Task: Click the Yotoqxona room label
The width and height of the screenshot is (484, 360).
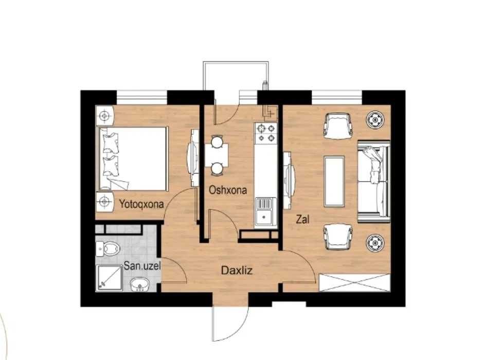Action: pos(141,204)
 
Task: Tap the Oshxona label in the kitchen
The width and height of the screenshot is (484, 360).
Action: pos(228,190)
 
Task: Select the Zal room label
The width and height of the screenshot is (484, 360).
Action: pos(302,220)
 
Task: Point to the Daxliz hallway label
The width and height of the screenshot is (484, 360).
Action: pos(237,271)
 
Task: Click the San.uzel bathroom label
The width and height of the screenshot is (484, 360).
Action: pos(142,265)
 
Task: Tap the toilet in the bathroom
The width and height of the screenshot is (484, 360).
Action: pos(107,249)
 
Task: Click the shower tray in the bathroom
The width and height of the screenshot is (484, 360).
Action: pos(109,278)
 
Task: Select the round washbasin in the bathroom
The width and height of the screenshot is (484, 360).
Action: pos(140,285)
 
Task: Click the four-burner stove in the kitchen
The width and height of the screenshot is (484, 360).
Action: pos(266,133)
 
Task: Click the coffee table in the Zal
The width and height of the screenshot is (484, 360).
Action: pos(334,181)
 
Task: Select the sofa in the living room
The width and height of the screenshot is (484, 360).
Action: pos(374,182)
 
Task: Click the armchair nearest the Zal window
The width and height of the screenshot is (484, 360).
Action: pos(338,124)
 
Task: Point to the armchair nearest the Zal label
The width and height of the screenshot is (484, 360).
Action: pos(338,237)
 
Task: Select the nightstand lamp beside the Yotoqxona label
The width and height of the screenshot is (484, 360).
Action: pos(104,202)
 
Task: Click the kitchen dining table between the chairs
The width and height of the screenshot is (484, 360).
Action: pos(217,155)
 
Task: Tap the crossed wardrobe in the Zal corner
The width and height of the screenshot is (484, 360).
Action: pos(355,282)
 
